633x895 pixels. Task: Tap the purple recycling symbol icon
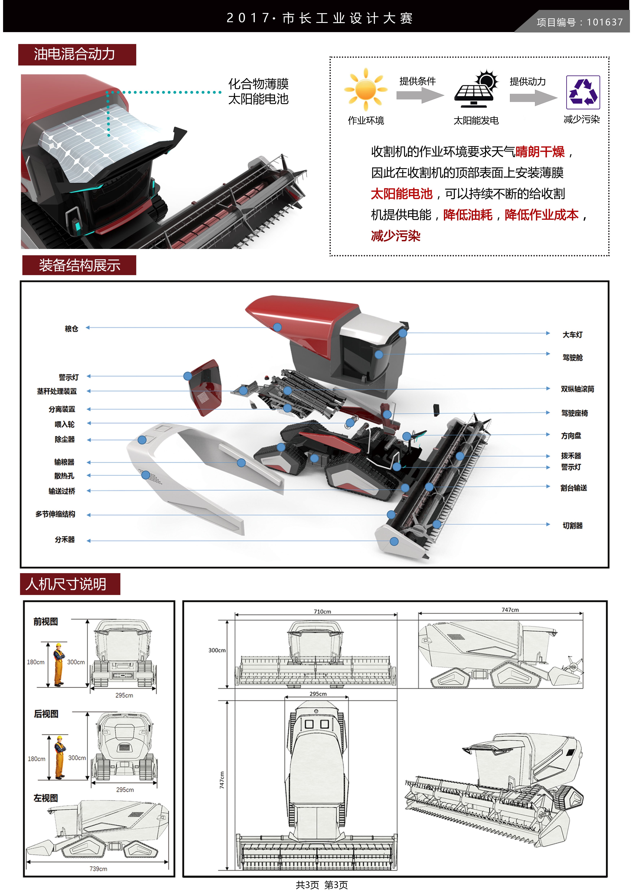coord(583,92)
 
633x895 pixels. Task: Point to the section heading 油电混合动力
coord(75,54)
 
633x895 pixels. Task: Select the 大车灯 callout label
coord(572,334)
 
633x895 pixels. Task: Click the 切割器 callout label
coord(572,526)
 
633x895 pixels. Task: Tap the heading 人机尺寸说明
coord(66,584)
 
